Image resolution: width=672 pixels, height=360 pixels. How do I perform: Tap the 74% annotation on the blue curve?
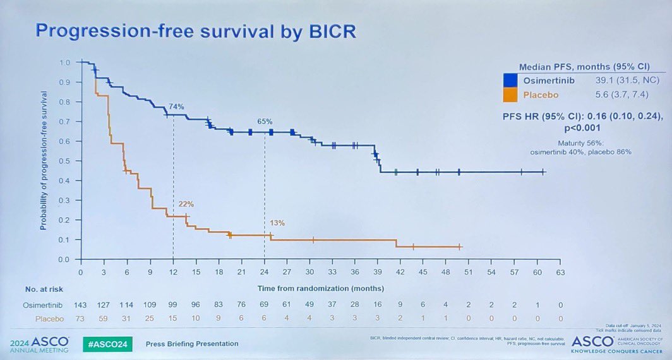tap(176, 107)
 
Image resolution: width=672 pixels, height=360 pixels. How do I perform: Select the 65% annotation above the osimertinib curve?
tap(265, 121)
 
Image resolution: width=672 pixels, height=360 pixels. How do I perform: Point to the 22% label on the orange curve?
tap(186, 204)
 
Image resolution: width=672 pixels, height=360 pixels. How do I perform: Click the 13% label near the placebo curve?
tap(277, 223)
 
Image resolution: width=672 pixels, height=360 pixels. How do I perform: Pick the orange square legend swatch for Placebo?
tap(511, 96)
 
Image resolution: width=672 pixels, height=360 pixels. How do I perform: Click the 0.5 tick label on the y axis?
tap(64, 161)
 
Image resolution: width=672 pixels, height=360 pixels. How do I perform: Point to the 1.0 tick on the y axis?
tap(64, 63)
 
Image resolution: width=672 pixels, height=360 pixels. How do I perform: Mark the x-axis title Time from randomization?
tap(320, 288)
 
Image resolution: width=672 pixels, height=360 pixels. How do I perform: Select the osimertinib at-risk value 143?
tap(81, 304)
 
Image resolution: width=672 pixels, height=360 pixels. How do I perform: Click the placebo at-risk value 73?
tap(81, 320)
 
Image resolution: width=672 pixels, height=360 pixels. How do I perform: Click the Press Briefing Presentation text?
tap(192, 344)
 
